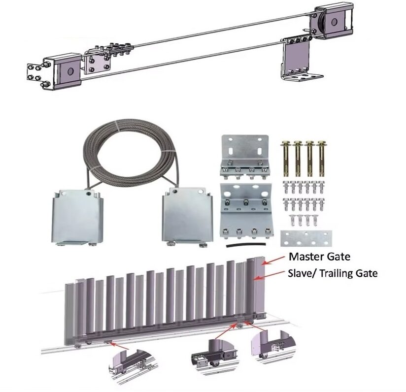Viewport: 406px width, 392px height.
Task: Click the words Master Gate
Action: [x=319, y=257]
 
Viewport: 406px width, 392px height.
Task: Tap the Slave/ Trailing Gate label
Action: [x=333, y=273]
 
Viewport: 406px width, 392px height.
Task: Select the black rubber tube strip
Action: [x=246, y=245]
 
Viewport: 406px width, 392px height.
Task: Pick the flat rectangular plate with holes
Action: [x=306, y=238]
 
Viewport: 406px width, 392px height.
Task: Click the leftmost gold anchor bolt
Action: [x=285, y=158]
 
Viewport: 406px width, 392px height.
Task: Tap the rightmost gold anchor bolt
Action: [x=321, y=158]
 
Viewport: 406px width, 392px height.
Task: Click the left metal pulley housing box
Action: [x=77, y=217]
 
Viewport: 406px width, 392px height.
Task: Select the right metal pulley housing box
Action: [x=187, y=217]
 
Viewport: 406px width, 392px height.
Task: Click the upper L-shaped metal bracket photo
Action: [x=244, y=157]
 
